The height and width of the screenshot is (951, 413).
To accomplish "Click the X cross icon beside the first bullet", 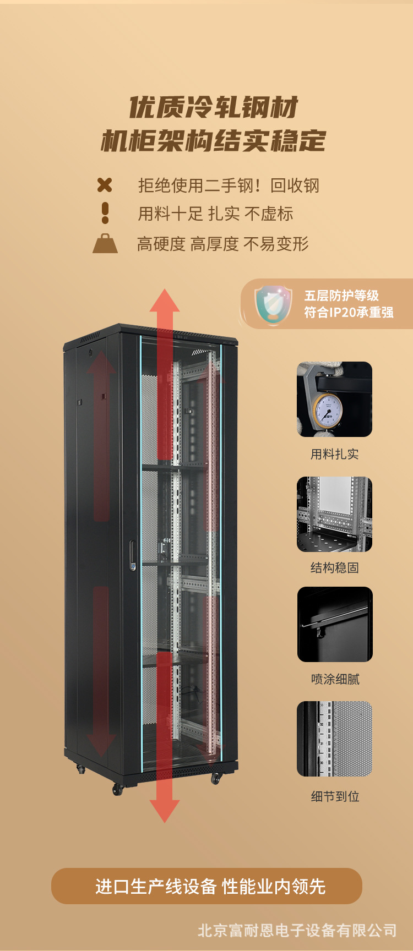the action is point(105,185).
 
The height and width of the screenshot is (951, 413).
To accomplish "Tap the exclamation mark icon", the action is point(105,213).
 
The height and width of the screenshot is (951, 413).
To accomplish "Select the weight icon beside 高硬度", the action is point(105,244).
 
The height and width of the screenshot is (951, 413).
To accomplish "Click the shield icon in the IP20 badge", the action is point(273,304).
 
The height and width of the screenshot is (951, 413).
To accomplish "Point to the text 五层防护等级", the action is point(342,296).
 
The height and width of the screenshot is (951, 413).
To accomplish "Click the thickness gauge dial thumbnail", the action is point(334,399).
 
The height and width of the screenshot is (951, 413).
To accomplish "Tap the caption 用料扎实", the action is point(334,454).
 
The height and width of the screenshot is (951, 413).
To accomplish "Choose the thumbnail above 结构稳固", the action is point(334,514).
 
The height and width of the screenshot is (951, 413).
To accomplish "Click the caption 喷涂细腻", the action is point(335,679).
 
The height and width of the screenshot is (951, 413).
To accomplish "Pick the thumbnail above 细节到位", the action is point(334,739).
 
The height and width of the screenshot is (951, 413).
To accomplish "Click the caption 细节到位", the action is point(335,796).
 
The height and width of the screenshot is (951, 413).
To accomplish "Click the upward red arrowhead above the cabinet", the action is point(165,301).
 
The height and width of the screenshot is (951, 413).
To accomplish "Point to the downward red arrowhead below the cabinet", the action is point(165,810).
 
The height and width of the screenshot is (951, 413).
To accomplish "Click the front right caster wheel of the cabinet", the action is point(215,778).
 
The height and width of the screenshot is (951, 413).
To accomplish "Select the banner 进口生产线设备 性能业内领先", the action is point(206,886).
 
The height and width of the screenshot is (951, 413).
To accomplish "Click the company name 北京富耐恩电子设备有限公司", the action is point(297,930).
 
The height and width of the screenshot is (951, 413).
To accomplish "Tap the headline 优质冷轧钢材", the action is point(214,107).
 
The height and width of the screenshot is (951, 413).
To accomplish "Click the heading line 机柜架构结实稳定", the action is point(214,141).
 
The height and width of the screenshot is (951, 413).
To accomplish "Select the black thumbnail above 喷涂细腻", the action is point(335,624).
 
